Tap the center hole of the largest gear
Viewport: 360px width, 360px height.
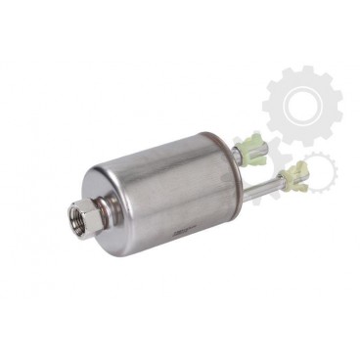tap(300, 101)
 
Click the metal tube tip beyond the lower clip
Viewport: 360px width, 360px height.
tap(304, 175)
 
